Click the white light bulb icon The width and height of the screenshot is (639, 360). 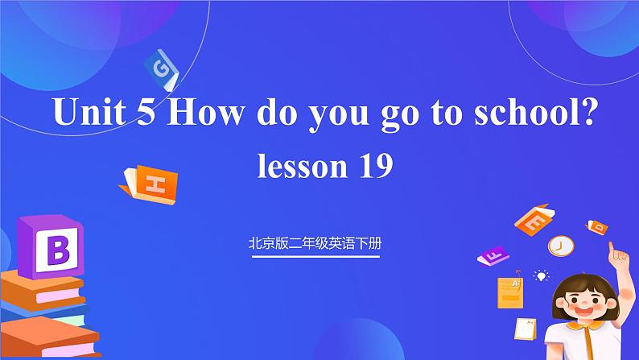pos(542,276)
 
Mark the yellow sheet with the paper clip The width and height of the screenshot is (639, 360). pos(509,293)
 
